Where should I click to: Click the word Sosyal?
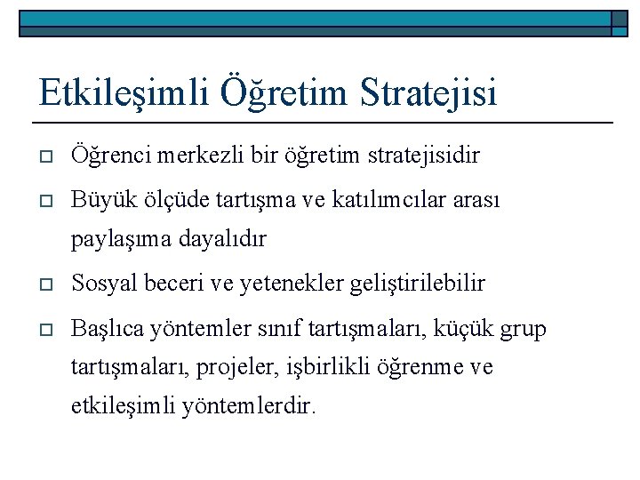pyautogui.click(x=101, y=284)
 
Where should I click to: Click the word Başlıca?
pyautogui.click(x=108, y=329)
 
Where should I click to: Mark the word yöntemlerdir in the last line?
pyautogui.click(x=248, y=407)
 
